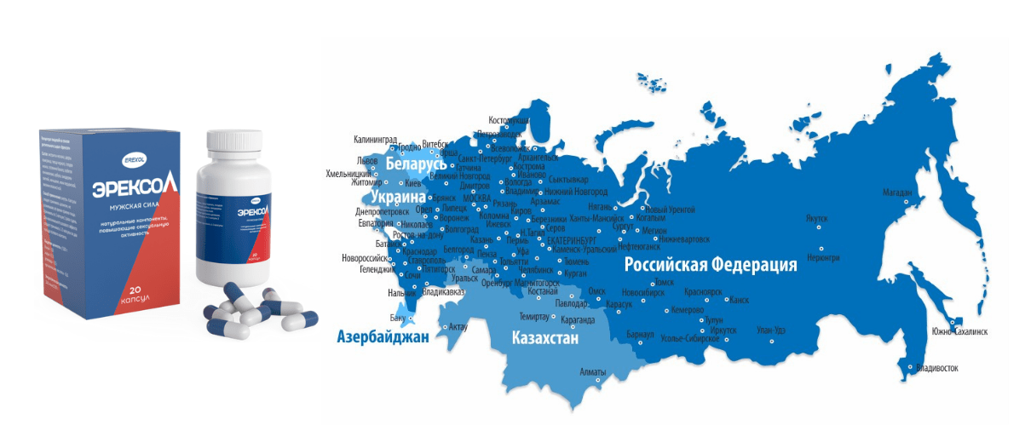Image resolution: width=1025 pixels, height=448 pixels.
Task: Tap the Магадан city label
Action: click(897, 193)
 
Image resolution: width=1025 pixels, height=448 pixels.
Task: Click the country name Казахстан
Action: click(545, 338)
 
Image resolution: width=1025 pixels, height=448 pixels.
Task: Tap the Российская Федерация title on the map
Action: click(711, 265)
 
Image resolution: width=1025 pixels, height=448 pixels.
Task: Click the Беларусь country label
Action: click(416, 164)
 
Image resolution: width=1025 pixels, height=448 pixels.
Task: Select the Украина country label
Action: click(398, 197)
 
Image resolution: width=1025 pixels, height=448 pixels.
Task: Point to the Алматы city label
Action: click(592, 372)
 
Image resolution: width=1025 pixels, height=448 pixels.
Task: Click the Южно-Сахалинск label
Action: click(960, 331)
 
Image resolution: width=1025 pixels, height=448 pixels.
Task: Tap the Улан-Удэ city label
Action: click(770, 330)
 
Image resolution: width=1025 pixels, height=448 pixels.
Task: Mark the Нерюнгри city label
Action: click(823, 256)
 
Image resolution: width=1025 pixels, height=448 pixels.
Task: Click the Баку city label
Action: click(398, 318)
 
